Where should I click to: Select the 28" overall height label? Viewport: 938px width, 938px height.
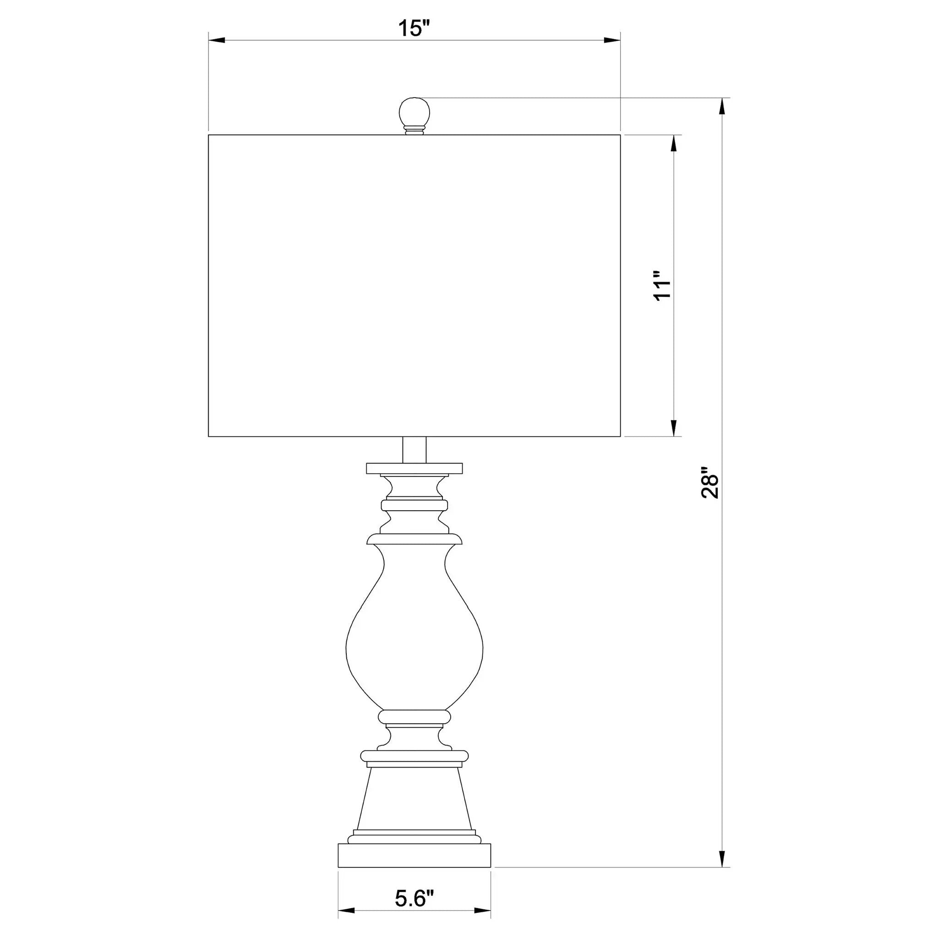(x=709, y=483)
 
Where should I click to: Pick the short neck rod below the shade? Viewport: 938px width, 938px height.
(x=414, y=450)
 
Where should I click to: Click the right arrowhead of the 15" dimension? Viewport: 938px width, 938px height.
(x=612, y=41)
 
